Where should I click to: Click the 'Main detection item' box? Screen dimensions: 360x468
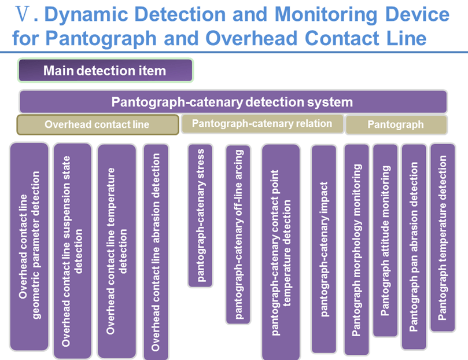pyautogui.click(x=105, y=71)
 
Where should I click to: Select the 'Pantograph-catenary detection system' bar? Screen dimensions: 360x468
pyautogui.click(x=233, y=102)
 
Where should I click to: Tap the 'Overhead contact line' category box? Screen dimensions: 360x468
pyautogui.click(x=97, y=124)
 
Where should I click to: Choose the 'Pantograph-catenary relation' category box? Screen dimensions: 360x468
pyautogui.click(x=262, y=123)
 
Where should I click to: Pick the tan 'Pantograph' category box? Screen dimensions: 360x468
pyautogui.click(x=396, y=124)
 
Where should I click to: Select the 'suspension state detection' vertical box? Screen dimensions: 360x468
pyautogui.click(x=72, y=251)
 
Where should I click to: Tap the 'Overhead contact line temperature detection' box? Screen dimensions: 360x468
pyautogui.click(x=116, y=251)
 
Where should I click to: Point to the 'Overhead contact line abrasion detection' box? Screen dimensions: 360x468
pyautogui.click(x=156, y=252)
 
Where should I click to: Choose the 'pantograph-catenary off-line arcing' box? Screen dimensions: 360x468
pyautogui.click(x=238, y=233)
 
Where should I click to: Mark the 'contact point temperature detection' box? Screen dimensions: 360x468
pyautogui.click(x=281, y=252)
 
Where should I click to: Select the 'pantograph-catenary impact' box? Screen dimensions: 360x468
pyautogui.click(x=324, y=248)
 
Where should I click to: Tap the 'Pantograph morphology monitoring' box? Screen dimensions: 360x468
pyautogui.click(x=356, y=249)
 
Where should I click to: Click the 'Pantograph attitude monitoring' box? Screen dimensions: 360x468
pyautogui.click(x=385, y=240)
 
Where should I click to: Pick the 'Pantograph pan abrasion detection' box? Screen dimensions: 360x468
pyautogui.click(x=414, y=247)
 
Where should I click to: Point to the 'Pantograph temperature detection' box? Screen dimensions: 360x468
pyautogui.click(x=443, y=237)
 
